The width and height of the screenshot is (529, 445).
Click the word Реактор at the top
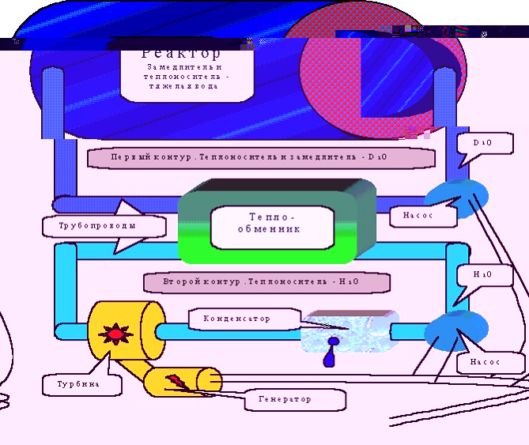182,54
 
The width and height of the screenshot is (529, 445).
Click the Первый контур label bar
262,157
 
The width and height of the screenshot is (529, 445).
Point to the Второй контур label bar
266,281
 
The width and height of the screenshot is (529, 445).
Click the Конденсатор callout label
236,319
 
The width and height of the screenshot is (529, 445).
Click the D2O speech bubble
482,144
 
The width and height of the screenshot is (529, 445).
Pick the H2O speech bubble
482,275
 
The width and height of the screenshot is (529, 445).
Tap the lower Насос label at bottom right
490,363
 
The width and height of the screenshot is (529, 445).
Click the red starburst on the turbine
115,334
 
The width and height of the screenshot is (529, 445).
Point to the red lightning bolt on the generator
176,383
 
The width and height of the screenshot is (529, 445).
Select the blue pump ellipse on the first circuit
456,195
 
